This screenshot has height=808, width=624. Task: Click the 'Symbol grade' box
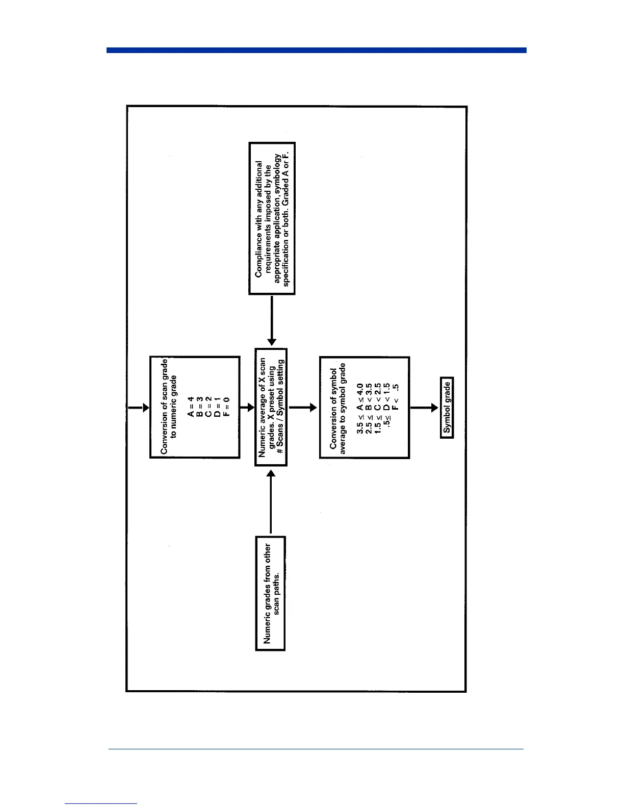pyautogui.click(x=447, y=408)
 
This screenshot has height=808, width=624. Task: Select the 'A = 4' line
pyautogui.click(x=191, y=407)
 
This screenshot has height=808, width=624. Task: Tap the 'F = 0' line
pyautogui.click(x=226, y=407)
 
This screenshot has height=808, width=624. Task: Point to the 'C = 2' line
pyautogui.click(x=209, y=407)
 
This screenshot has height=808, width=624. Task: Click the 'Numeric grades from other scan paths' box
pyautogui.click(x=270, y=593)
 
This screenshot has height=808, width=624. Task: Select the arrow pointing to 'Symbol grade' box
pyautogui.click(x=424, y=408)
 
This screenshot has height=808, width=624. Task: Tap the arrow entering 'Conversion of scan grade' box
pyautogui.click(x=138, y=408)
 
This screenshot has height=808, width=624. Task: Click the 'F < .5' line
pyautogui.click(x=396, y=397)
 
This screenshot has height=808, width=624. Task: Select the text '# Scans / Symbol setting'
pyautogui.click(x=280, y=407)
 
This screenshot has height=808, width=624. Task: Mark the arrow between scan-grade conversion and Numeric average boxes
pyautogui.click(x=247, y=408)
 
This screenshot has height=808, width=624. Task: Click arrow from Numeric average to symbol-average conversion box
pyautogui.click(x=303, y=408)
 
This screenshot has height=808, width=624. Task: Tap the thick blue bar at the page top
pyautogui.click(x=316, y=50)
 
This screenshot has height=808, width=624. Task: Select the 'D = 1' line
pyautogui.click(x=218, y=407)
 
